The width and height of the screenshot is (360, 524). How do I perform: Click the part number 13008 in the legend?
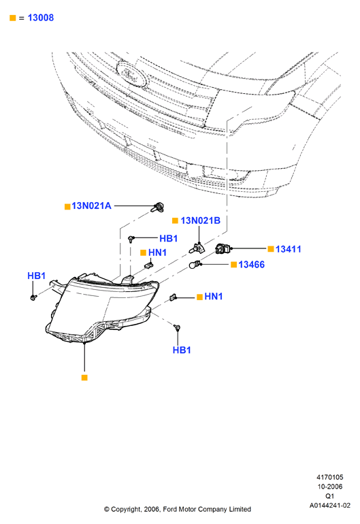(40, 18)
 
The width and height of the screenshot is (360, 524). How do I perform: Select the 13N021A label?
(91, 206)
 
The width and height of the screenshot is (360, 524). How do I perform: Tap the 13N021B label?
(200, 220)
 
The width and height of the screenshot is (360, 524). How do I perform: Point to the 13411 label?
(288, 249)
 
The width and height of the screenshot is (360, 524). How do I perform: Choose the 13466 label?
(251, 265)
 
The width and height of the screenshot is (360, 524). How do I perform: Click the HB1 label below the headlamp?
(182, 350)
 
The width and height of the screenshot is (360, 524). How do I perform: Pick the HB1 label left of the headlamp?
(36, 276)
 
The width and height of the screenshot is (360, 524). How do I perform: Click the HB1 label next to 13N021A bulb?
(168, 238)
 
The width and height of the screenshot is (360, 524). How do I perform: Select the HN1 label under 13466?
(213, 297)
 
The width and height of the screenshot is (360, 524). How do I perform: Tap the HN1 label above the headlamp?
(157, 252)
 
